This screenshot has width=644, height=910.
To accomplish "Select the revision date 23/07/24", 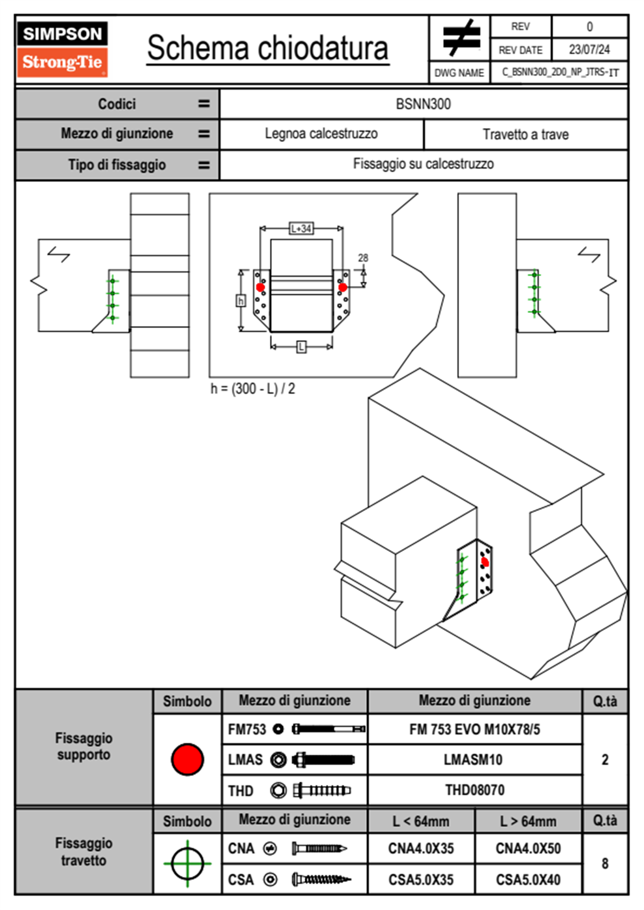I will [589, 50].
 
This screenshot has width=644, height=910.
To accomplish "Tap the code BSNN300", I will [423, 104].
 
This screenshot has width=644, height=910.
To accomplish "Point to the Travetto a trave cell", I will [525, 134].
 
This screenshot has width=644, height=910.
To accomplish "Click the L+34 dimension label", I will [301, 228].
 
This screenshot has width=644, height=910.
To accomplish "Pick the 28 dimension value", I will [363, 258].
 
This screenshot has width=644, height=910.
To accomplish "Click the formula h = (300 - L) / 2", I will [253, 388].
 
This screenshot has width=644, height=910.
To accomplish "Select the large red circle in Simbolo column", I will [187, 759].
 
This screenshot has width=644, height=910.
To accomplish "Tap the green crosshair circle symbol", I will [187, 863].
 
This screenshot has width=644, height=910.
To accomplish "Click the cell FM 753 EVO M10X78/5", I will [475, 729].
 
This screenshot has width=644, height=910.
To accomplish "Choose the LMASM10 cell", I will [474, 760].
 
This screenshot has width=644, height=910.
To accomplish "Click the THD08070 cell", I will [475, 790].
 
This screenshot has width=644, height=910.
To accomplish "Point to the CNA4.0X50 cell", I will [528, 848].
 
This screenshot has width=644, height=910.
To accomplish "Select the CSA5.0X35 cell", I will [421, 880].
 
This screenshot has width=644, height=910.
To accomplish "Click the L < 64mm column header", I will [421, 821].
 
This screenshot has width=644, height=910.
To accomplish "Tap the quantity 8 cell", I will [605, 863].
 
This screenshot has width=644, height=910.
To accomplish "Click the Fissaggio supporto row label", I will [84, 747].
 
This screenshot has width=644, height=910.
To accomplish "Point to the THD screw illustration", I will [321, 790].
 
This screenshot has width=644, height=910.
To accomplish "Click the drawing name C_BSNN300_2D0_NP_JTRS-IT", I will [560, 72].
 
